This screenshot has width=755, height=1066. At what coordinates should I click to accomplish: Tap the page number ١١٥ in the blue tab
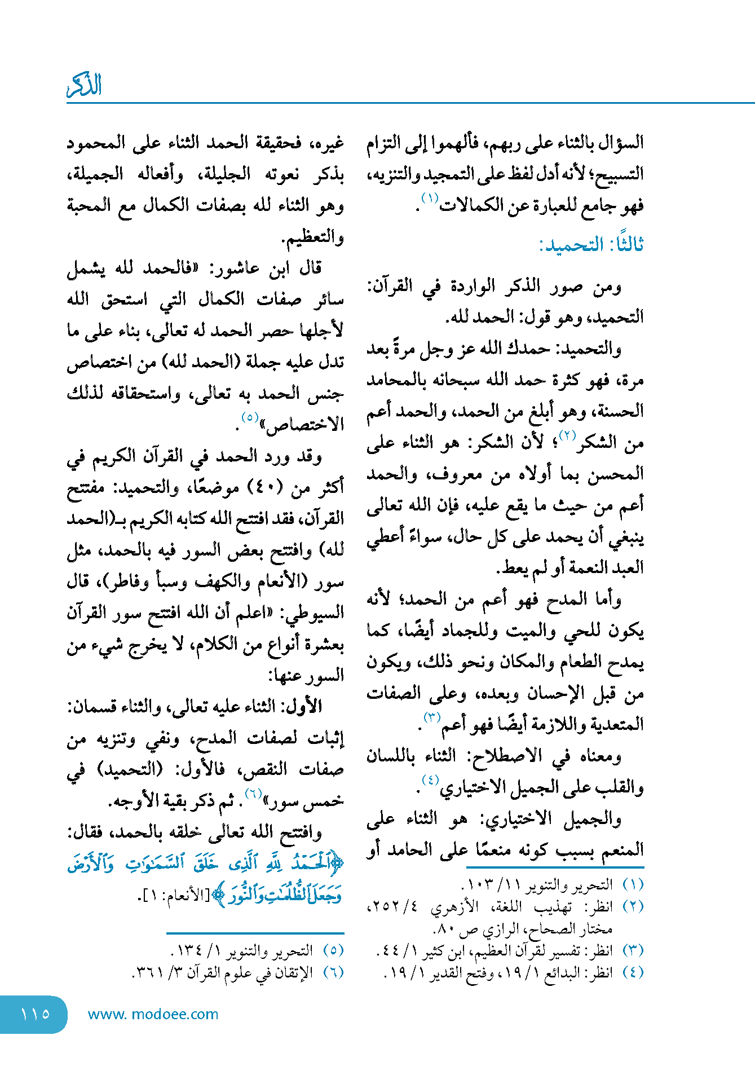[35, 1014]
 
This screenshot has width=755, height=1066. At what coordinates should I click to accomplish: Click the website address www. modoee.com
[153, 1014]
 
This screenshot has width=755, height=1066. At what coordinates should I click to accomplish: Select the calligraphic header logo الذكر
[85, 86]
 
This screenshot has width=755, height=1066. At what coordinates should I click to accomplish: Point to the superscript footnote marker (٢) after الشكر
[567, 435]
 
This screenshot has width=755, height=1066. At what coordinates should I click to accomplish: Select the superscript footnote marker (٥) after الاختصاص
[250, 417]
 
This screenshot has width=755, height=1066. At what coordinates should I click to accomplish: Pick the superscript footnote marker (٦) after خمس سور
[253, 794]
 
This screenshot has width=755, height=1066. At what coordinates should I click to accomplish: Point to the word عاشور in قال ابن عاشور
[235, 268]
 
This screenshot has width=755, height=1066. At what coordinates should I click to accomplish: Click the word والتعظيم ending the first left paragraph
[314, 237]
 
